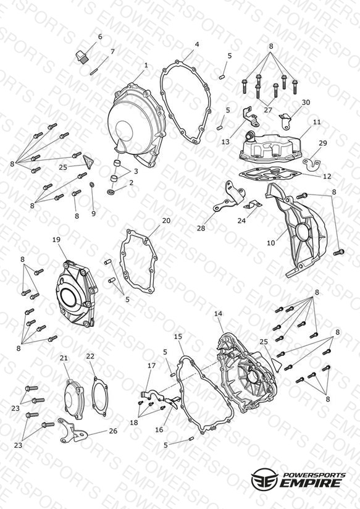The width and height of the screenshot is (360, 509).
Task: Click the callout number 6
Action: [100, 36]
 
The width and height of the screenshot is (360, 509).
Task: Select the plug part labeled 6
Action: [82, 57]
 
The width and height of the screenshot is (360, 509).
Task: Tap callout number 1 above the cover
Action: [146, 65]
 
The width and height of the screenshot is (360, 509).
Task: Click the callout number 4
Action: [197, 44]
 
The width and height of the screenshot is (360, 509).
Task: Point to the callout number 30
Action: [306, 103]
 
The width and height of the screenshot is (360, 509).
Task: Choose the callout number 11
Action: [317, 122]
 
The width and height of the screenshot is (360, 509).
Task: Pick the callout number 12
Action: [327, 176]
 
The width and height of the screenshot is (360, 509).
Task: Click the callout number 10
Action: [270, 243]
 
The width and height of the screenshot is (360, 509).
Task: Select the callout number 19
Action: [56, 240]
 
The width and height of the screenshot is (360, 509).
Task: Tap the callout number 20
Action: [166, 221]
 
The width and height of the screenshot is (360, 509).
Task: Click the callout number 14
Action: [219, 314]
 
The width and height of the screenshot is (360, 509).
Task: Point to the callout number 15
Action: [178, 336]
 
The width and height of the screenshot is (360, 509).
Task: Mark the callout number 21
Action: [64, 358]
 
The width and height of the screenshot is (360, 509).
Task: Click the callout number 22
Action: [90, 356]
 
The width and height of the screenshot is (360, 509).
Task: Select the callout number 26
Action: [113, 431]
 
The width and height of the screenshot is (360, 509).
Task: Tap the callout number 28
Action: [201, 228]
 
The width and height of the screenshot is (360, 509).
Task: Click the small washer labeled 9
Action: [92, 185]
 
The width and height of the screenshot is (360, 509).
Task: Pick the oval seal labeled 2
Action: [111, 192]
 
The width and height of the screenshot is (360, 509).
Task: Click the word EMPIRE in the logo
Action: [311, 482]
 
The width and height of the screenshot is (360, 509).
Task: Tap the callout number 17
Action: [152, 366]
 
